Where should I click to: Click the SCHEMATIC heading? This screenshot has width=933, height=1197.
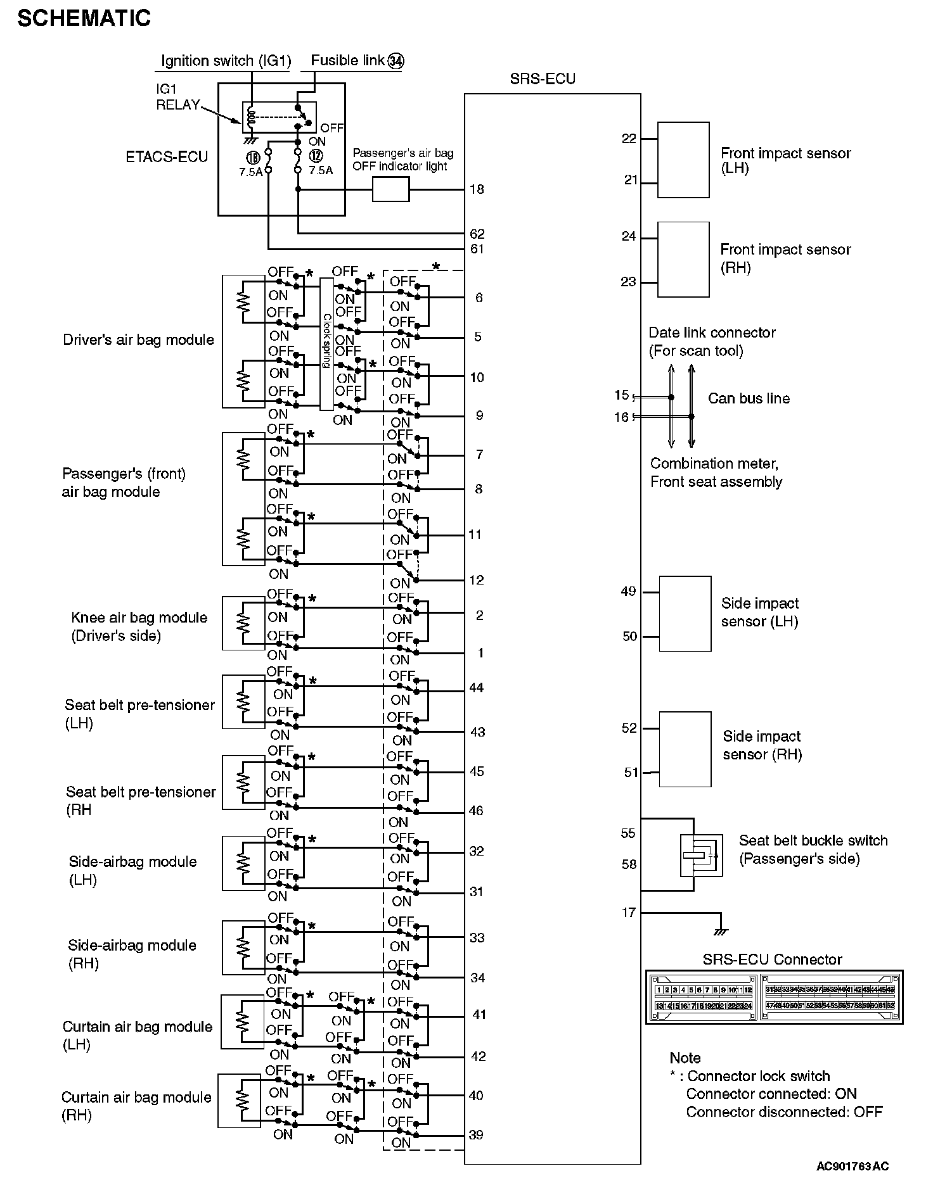(x=84, y=18)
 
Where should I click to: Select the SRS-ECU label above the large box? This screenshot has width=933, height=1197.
(x=543, y=79)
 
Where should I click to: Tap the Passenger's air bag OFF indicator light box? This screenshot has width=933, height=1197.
(x=390, y=189)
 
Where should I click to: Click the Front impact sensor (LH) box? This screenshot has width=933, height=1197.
(x=683, y=160)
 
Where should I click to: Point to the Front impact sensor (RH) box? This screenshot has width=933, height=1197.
(x=683, y=259)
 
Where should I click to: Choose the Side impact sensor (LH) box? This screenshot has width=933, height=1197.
(x=685, y=613)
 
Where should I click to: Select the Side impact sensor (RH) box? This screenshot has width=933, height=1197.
(x=685, y=749)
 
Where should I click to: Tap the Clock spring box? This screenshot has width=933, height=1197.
(x=326, y=344)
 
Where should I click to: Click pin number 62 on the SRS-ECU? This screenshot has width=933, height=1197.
(x=477, y=234)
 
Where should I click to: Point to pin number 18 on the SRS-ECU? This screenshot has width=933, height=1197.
(x=477, y=189)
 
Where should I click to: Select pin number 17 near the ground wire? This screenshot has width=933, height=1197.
(x=628, y=913)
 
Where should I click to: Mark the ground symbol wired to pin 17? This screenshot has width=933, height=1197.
(x=721, y=932)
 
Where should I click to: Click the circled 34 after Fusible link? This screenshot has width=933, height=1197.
(x=396, y=61)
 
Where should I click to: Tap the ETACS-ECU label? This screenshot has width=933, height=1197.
(x=167, y=157)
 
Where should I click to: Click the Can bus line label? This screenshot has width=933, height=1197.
(x=749, y=398)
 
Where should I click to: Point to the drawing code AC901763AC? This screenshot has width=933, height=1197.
(x=852, y=1166)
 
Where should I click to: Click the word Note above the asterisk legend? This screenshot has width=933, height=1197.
(x=685, y=1058)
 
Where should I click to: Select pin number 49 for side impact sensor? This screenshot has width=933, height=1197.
(x=628, y=592)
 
